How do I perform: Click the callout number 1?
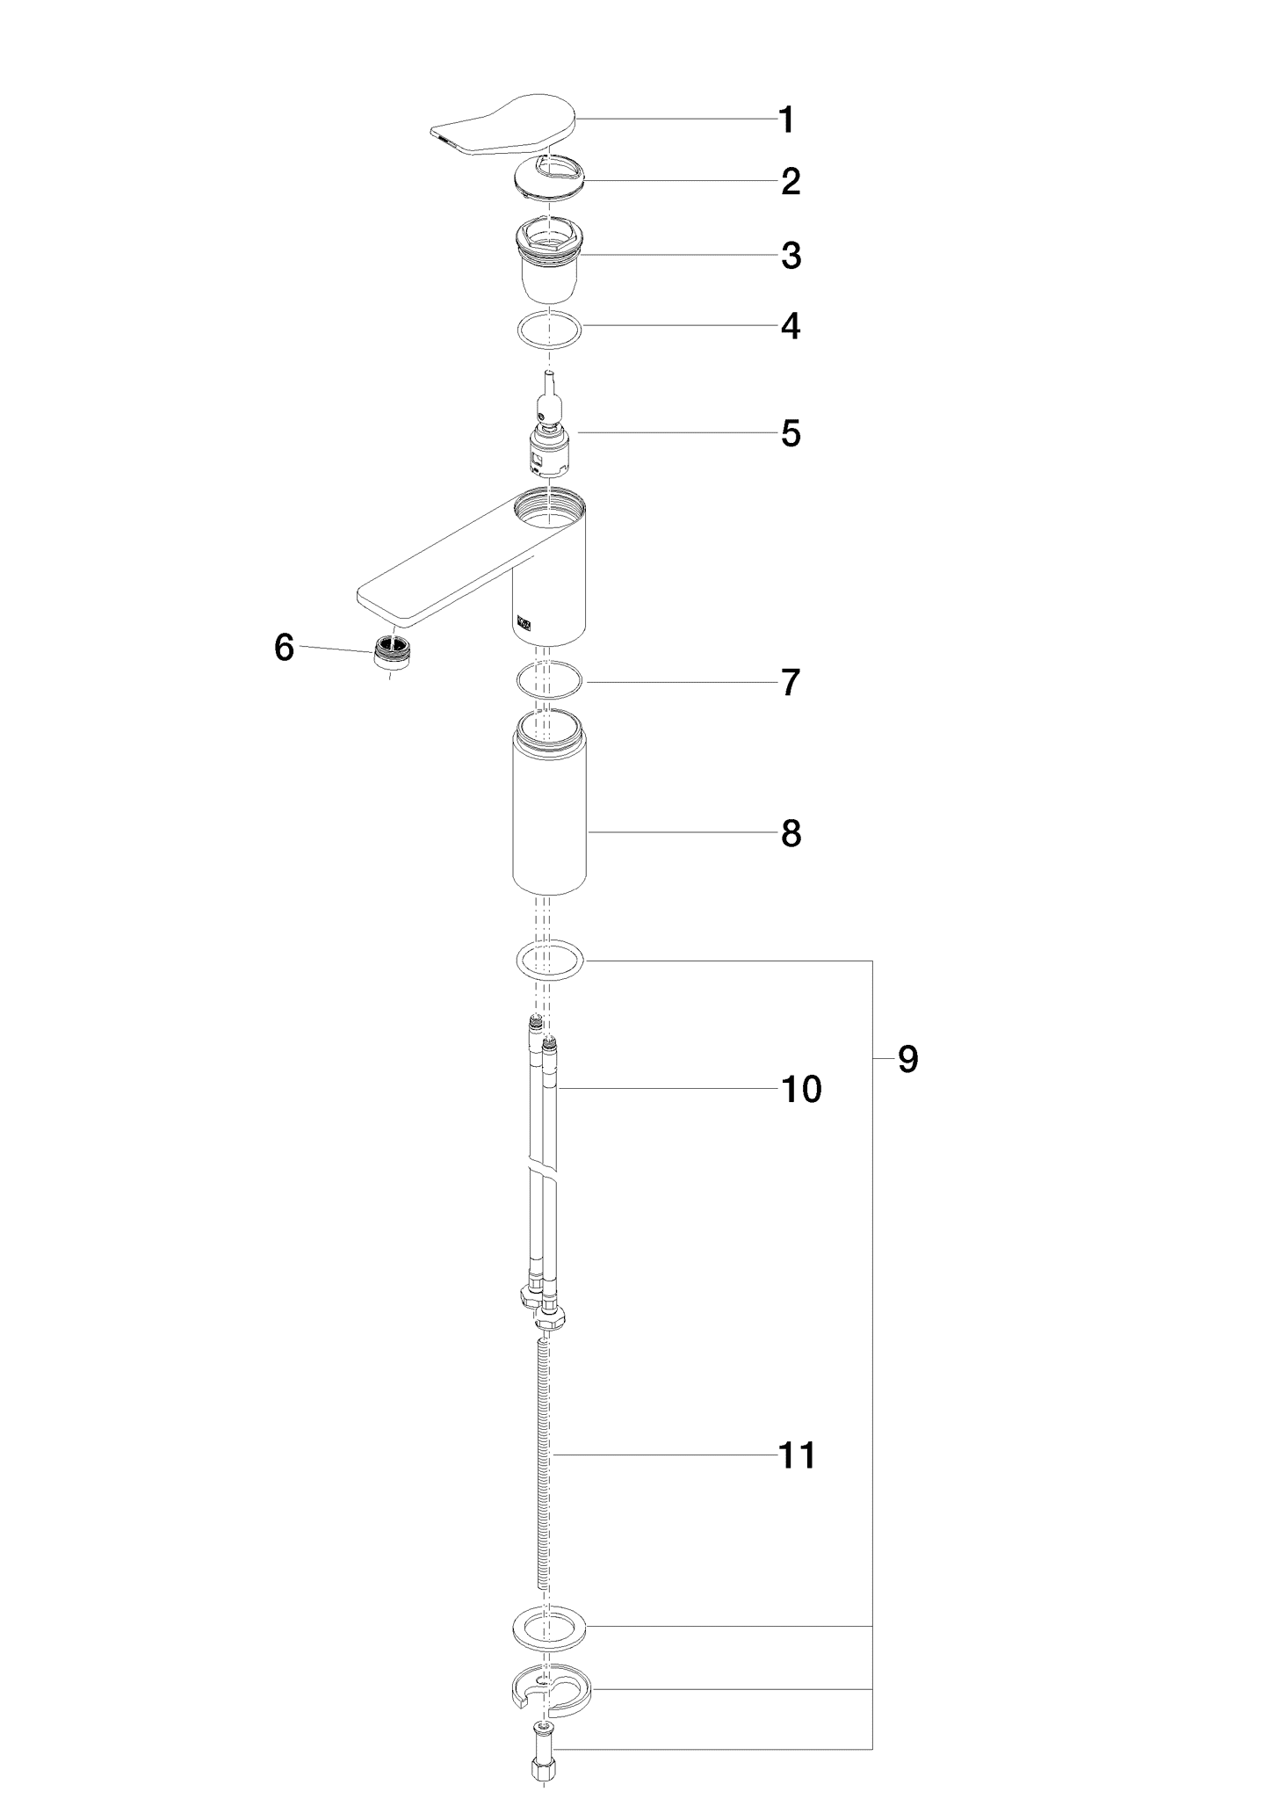pyautogui.click(x=787, y=120)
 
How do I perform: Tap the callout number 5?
pyautogui.click(x=791, y=433)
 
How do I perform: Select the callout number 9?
pyautogui.click(x=907, y=1059)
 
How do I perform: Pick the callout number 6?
pyautogui.click(x=284, y=648)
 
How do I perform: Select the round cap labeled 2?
pyautogui.click(x=548, y=179)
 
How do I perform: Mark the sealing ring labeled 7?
pyautogui.click(x=549, y=681)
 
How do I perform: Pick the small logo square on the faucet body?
pyautogui.click(x=524, y=621)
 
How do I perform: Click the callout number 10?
pyautogui.click(x=801, y=1089)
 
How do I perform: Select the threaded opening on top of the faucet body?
pyautogui.click(x=549, y=508)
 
